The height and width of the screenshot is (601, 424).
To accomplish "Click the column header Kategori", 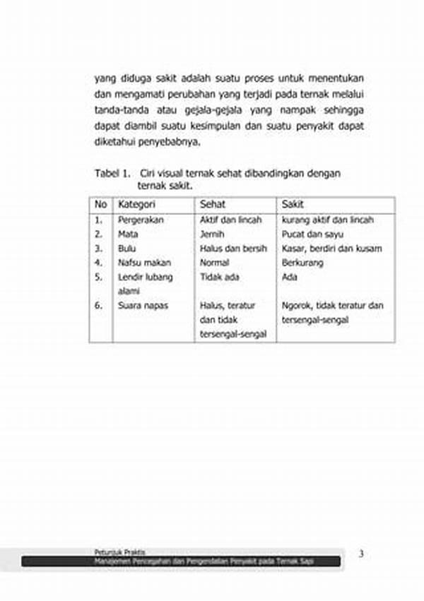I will point(136,205).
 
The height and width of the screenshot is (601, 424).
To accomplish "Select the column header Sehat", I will point(212,205).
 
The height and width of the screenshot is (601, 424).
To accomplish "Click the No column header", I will point(100,205).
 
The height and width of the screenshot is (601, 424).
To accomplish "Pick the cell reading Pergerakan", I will point(141,220).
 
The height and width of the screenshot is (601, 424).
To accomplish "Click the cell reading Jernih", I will point(211,234).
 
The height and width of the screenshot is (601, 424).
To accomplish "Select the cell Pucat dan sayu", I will point(307,234).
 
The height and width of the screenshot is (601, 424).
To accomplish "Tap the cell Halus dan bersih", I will point(233,249).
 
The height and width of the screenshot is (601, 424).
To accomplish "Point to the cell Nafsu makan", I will point(144,263).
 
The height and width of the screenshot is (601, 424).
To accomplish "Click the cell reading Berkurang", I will point(302,263).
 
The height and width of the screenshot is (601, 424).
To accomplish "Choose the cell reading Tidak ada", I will point(219,277).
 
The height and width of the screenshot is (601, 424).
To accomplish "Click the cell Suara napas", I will point(143,306).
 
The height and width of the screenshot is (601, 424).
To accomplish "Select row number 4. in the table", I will point(99,263).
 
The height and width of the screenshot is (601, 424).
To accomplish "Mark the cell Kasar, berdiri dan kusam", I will point(331,249).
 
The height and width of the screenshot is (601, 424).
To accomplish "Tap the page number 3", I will point(361,554).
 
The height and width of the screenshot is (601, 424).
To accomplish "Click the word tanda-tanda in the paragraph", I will point(118,110).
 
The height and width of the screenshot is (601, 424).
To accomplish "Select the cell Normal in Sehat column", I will point(215,263).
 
